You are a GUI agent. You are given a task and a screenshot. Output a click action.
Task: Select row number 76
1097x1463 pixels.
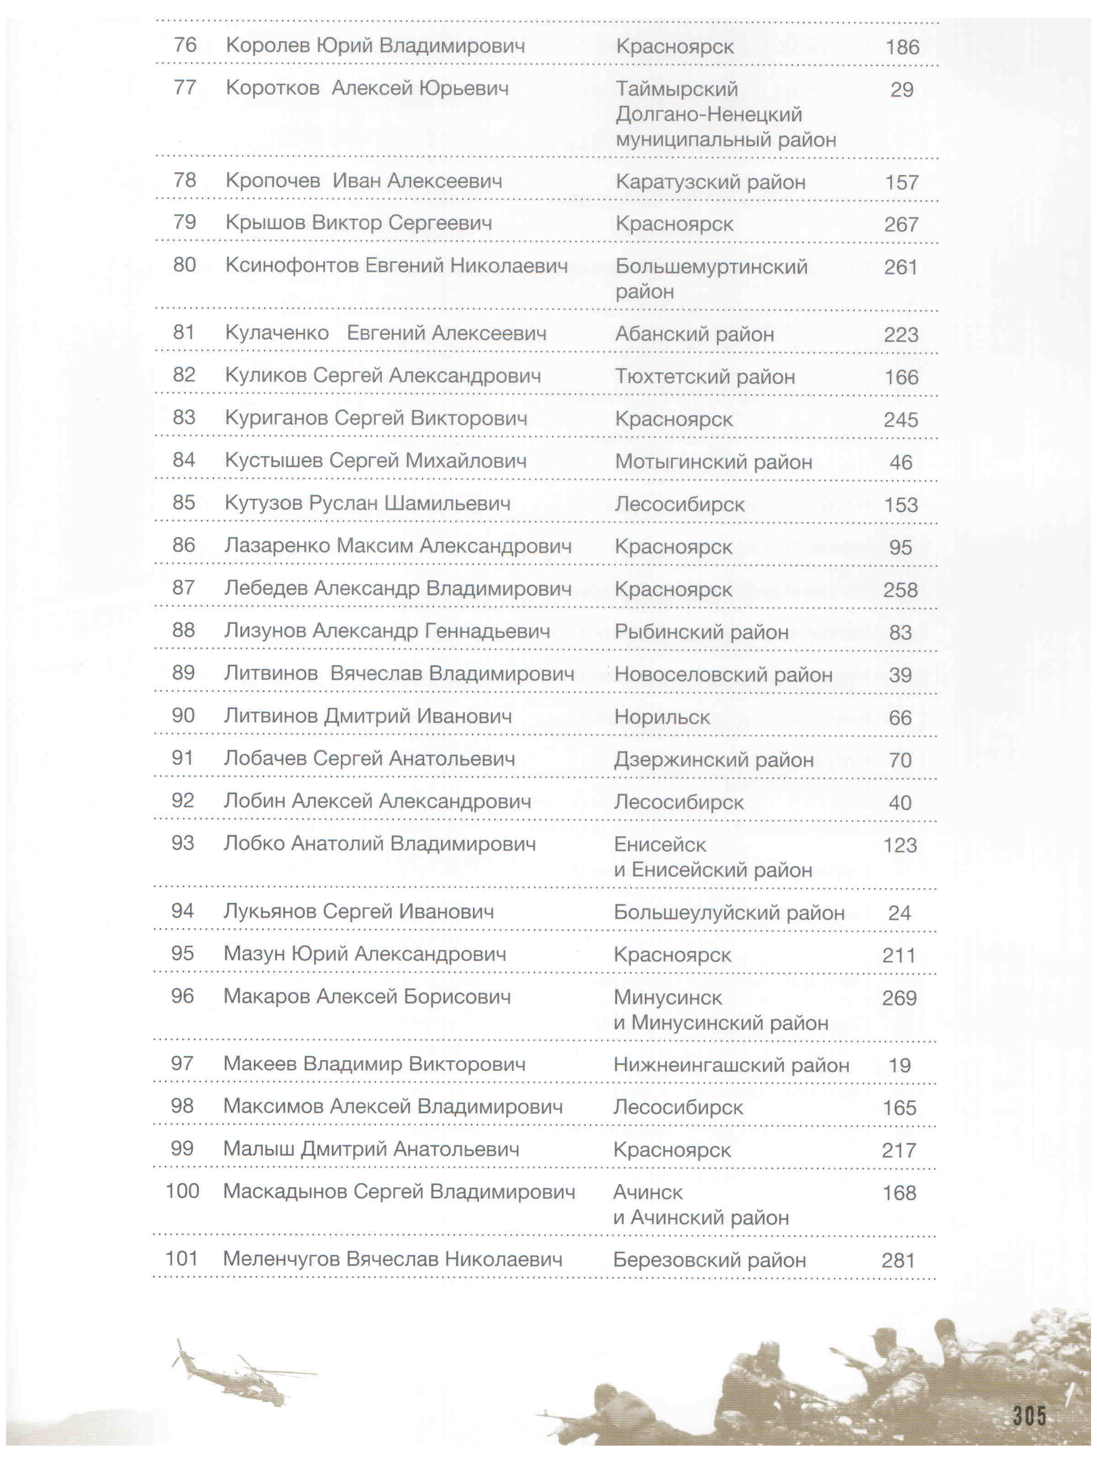point(185,45)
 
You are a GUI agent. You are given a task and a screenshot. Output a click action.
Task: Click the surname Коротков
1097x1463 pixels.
point(272,88)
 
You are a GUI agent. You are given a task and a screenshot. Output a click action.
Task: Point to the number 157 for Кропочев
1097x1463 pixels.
point(902,182)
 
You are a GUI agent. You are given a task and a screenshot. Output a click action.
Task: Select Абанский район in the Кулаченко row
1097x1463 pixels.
point(694,334)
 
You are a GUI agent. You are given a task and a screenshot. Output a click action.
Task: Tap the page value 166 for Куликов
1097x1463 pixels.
point(901,377)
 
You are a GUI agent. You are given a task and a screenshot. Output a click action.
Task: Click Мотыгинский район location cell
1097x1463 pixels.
point(713,462)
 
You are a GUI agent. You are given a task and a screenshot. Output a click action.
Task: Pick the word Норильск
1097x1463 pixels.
point(662,717)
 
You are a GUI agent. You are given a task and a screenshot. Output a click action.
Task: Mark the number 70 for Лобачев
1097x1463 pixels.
point(900,760)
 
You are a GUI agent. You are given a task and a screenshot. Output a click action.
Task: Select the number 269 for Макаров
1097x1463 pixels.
point(899,998)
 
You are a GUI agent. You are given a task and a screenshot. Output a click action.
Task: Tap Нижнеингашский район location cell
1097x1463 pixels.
point(731,1065)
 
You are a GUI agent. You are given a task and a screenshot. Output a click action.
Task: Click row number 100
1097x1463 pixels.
point(182,1191)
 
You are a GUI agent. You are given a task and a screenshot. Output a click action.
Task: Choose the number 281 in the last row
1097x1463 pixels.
point(898,1260)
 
